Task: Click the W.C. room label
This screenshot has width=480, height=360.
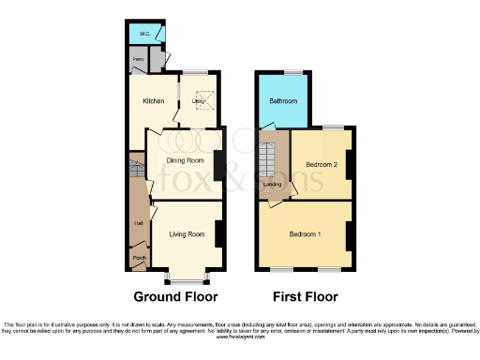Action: point(145,35)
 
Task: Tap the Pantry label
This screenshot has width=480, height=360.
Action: point(138,58)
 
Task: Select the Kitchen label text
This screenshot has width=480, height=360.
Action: point(153,100)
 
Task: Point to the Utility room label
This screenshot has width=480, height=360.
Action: point(198,100)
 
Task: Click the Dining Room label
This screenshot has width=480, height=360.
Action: point(186,160)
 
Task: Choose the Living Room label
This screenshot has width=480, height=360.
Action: point(187,234)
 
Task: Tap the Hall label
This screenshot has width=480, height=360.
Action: point(139,222)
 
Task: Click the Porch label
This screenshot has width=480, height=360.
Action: point(139,257)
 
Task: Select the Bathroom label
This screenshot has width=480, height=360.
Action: point(283,100)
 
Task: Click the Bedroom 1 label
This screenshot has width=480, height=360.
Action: point(306,233)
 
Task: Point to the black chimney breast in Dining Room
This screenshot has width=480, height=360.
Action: point(218,166)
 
